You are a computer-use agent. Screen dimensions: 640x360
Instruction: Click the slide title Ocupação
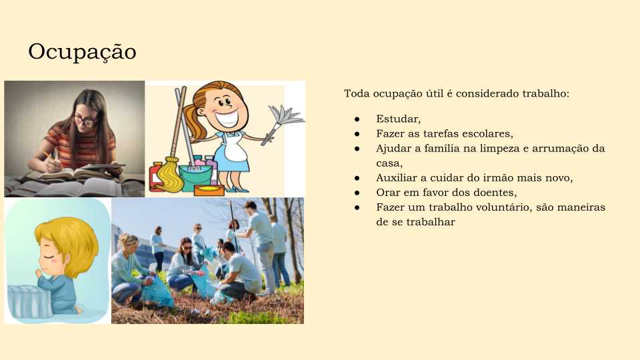(x=82, y=52)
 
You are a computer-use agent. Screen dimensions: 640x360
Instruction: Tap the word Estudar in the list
(x=399, y=119)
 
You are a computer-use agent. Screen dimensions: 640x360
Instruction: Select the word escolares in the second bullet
(x=488, y=133)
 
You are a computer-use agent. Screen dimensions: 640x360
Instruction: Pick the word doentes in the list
(x=495, y=192)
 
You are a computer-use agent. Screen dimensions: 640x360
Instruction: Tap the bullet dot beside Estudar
(x=357, y=119)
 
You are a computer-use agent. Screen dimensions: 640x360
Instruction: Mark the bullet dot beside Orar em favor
(x=357, y=193)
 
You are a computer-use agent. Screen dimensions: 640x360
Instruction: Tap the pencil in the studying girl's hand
(x=51, y=159)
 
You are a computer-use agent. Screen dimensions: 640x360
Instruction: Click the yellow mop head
(x=170, y=175)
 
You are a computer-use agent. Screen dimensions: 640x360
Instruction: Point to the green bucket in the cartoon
(x=195, y=177)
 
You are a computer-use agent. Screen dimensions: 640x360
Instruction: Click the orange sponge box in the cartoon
(x=209, y=190)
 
